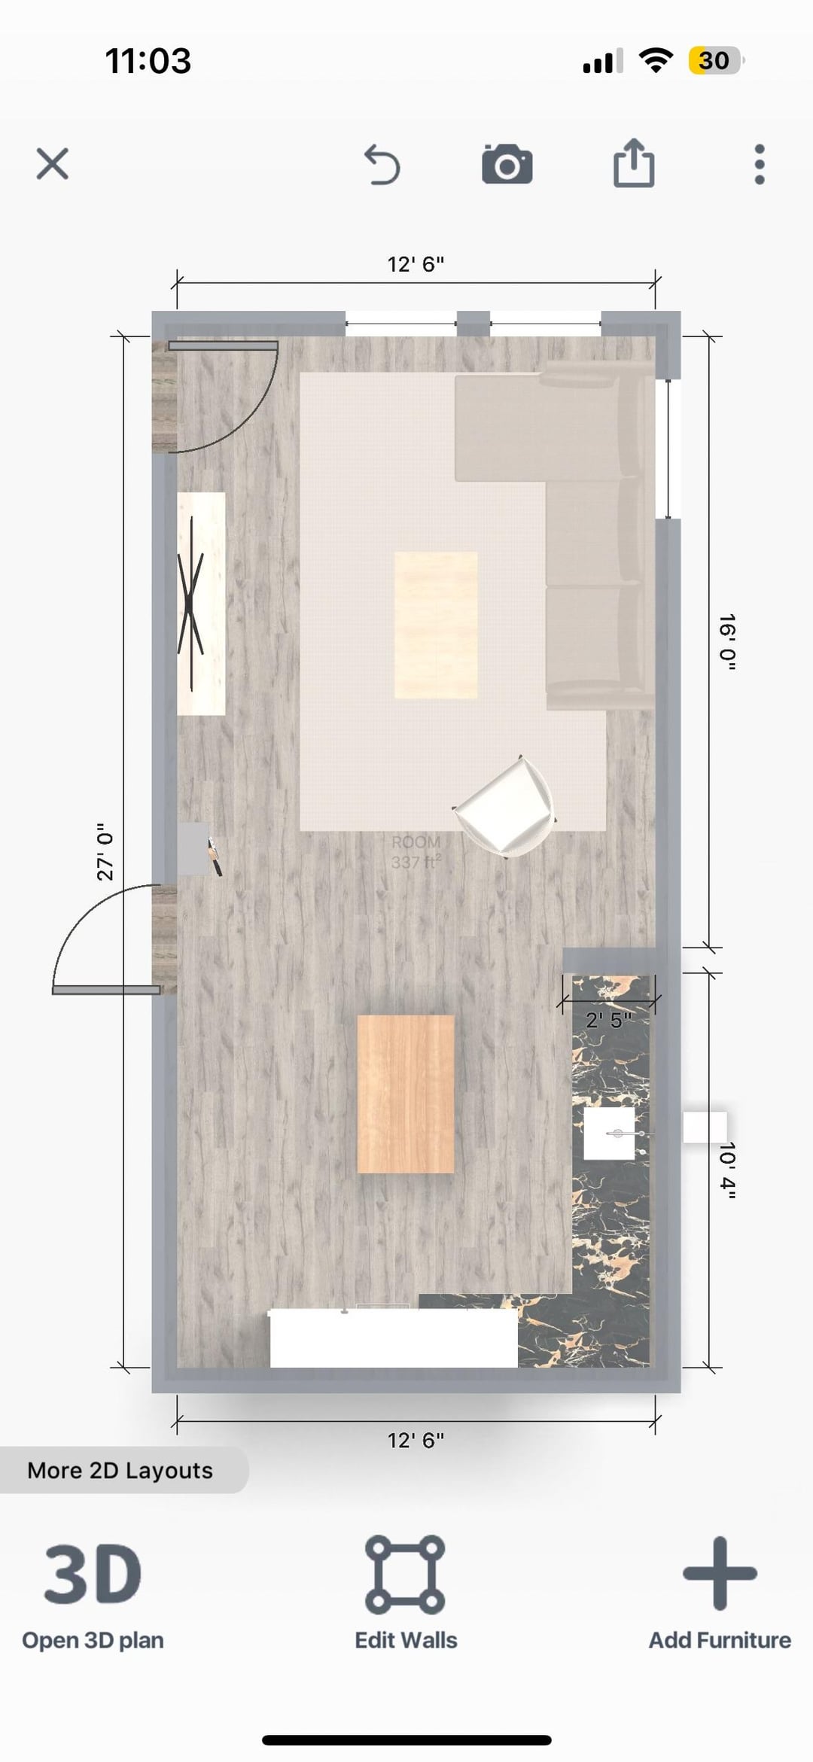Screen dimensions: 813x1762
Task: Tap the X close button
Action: [53, 163]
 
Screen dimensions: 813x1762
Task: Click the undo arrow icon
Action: [382, 165]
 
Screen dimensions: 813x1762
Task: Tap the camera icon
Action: [507, 164]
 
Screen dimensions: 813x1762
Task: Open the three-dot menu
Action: [760, 164]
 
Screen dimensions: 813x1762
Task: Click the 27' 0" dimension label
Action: [105, 851]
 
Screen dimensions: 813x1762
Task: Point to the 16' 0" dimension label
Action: [727, 642]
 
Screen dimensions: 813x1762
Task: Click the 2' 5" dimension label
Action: [609, 1020]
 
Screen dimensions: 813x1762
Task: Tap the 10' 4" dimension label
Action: [727, 1170]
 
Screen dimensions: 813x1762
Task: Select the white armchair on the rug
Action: [504, 806]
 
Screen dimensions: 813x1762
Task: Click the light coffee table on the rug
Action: [436, 625]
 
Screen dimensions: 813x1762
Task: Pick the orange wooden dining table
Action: [406, 1094]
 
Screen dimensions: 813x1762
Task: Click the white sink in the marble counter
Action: [610, 1134]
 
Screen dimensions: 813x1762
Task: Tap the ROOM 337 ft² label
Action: [416, 852]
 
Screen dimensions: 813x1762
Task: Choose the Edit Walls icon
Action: [405, 1575]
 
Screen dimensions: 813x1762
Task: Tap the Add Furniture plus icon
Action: [720, 1573]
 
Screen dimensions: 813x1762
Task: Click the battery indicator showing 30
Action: [715, 60]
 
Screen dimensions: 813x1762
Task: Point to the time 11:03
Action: [148, 61]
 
